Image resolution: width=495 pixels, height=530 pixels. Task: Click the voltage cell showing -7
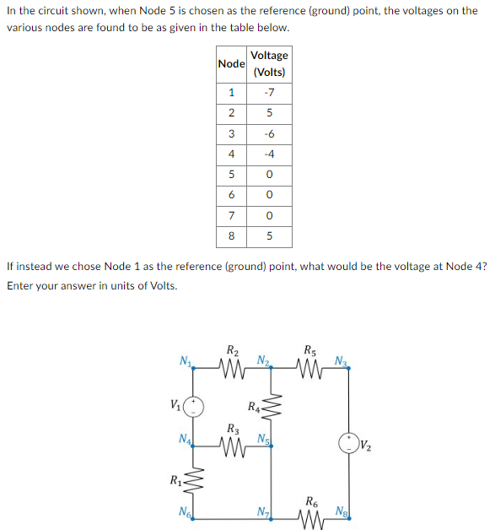(x=269, y=92)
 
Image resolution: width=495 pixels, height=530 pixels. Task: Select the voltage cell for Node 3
(x=269, y=133)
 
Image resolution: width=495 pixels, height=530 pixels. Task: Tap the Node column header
(x=231, y=64)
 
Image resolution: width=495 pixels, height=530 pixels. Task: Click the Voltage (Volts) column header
(x=269, y=63)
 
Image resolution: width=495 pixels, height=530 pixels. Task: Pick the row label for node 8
(x=231, y=236)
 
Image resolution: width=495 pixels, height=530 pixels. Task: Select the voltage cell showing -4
(x=269, y=154)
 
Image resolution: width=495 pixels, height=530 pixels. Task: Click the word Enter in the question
(x=20, y=285)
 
